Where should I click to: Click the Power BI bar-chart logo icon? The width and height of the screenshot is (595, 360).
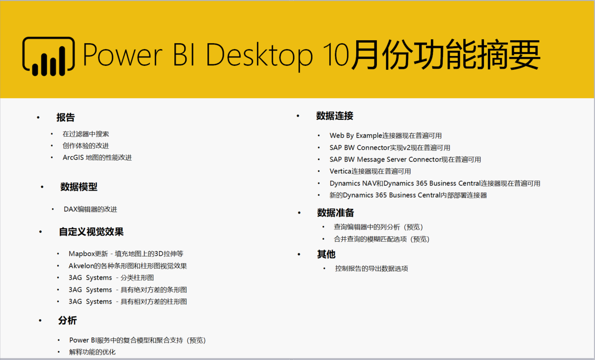[x=48, y=56]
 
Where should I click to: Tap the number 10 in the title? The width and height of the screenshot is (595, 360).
[x=336, y=54]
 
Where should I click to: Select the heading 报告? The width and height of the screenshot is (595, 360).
[x=66, y=117]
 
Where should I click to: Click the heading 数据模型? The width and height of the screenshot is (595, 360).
[x=79, y=187]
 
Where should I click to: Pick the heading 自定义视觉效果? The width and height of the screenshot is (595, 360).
[x=91, y=232]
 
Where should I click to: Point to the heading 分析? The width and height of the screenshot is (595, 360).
[x=67, y=320]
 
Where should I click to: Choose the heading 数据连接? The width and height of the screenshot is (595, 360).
[x=335, y=116]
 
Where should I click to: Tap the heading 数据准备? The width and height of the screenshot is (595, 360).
[x=336, y=213]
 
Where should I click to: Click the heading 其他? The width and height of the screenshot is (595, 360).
[x=326, y=254]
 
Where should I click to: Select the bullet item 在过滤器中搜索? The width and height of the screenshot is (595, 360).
[x=86, y=134]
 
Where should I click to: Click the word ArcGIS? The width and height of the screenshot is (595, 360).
[x=73, y=158]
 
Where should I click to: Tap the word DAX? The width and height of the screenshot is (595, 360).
[x=70, y=209]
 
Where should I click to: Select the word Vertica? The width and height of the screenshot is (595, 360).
[x=340, y=171]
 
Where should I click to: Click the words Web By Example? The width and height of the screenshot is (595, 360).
[x=356, y=136]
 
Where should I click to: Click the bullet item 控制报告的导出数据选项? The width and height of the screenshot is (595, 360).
[x=371, y=269]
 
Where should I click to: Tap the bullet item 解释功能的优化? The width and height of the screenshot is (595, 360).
[x=92, y=352]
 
